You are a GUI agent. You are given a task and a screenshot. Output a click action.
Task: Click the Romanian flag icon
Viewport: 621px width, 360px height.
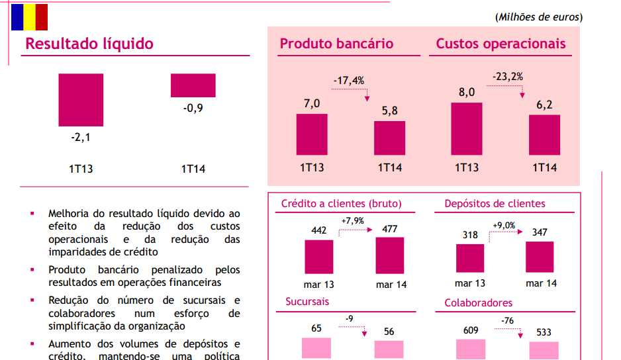tap(29, 17)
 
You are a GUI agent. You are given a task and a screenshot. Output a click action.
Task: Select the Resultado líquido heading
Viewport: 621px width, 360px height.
tap(89, 44)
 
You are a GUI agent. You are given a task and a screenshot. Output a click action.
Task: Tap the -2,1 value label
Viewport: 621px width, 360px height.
tap(80, 138)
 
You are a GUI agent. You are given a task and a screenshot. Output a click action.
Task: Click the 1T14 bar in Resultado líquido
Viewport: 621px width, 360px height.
tap(193, 85)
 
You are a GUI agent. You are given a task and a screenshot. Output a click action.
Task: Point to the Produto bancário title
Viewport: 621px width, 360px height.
tap(336, 44)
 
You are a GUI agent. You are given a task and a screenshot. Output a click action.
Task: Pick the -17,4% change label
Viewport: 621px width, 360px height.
tap(348, 81)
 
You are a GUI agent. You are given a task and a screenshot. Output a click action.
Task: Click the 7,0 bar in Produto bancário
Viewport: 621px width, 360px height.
tap(312, 134)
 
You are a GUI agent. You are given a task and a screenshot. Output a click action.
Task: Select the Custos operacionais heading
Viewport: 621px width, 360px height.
tap(501, 44)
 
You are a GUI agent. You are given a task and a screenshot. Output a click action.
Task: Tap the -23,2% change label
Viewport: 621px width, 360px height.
tap(508, 77)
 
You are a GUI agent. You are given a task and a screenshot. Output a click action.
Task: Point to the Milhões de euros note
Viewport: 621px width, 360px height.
tap(539, 17)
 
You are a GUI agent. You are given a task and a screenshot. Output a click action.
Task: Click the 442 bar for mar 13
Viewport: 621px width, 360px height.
tap(319, 256)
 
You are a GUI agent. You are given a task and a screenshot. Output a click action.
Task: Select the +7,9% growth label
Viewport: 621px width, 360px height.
tap(353, 220)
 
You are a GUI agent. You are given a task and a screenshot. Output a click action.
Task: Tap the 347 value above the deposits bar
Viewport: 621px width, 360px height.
tap(540, 233)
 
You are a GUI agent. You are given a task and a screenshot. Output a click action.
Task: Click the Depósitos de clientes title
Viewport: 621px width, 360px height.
tap(495, 204)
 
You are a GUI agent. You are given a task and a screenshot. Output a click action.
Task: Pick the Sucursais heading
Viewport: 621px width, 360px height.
tap(307, 302)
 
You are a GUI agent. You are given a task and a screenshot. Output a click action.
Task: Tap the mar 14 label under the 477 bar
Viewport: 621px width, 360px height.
tap(391, 285)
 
